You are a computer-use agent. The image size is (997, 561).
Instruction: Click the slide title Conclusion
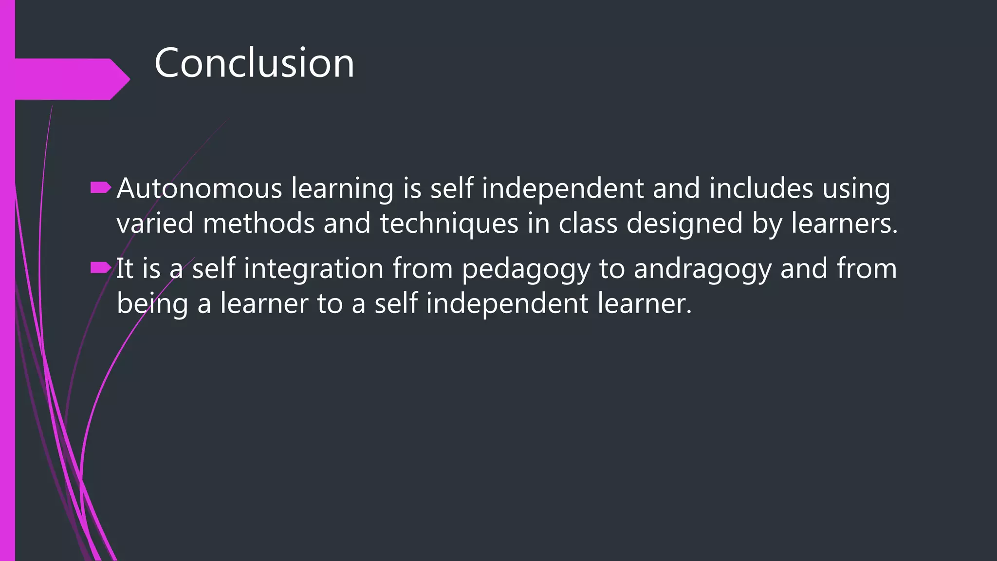click(x=254, y=63)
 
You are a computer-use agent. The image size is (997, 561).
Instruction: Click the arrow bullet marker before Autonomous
click(x=101, y=188)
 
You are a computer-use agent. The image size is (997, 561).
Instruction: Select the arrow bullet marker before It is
click(x=101, y=267)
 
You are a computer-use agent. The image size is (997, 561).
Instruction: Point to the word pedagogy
click(x=526, y=269)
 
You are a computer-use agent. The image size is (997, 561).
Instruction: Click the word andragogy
click(x=702, y=269)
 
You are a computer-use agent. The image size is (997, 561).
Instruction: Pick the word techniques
click(x=449, y=224)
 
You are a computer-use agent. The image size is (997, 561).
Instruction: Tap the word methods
click(x=258, y=224)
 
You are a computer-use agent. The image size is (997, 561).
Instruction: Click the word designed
click(x=684, y=224)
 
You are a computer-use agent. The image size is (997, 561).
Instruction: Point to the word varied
click(x=155, y=224)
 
